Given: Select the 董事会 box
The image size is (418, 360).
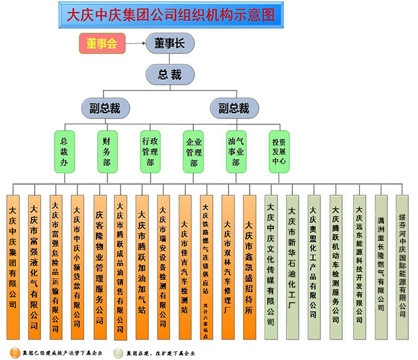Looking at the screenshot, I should tap(101, 44).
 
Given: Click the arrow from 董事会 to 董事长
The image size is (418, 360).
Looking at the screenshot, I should tap(134, 44).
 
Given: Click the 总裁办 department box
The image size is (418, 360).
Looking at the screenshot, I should tap(64, 151).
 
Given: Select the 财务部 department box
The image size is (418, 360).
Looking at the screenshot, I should tap(106, 151).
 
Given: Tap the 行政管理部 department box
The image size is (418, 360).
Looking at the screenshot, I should tap(150, 151).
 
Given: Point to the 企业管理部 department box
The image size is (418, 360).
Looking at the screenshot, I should tap(193, 151).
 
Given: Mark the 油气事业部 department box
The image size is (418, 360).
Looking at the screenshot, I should tap(235, 151).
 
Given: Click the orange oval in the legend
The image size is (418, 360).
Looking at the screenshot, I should tap(14, 351).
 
